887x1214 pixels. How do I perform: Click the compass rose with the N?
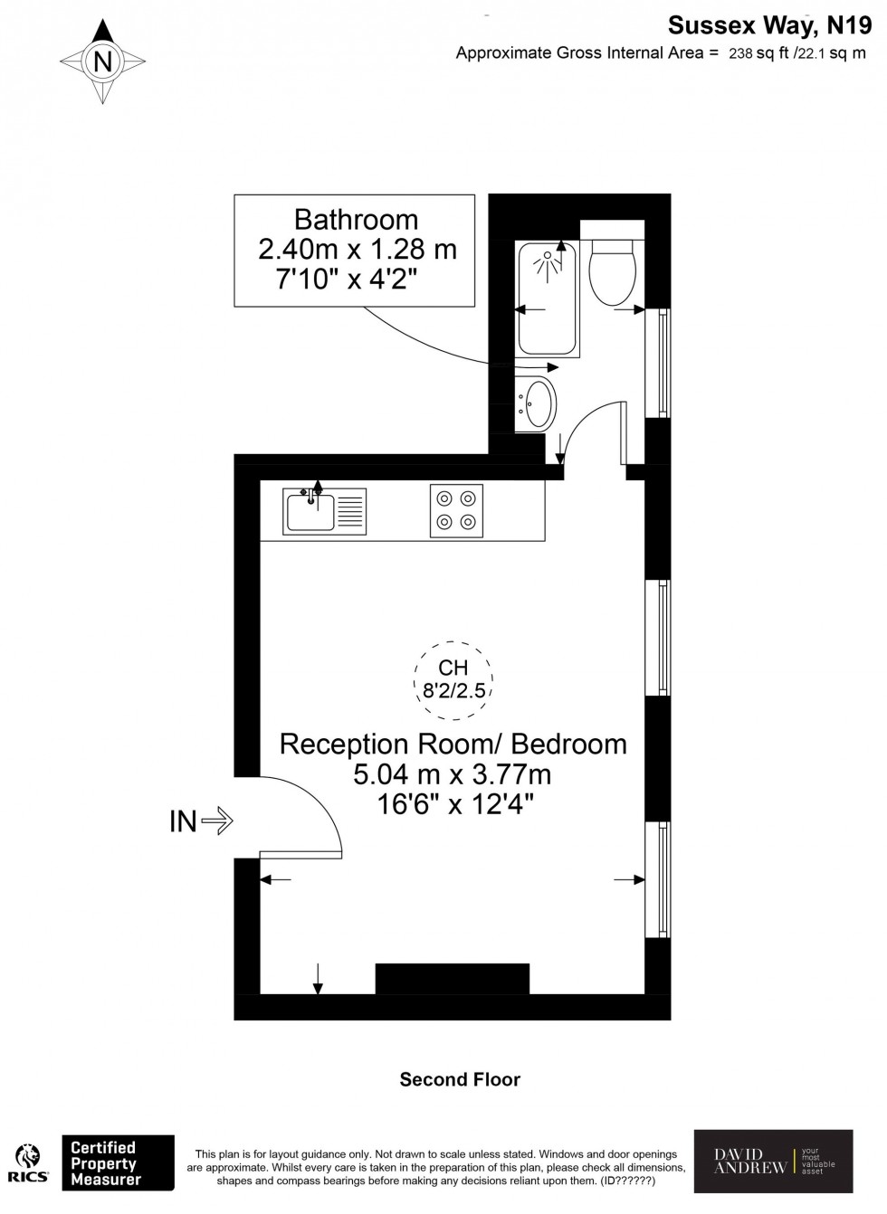pyautogui.click(x=103, y=62)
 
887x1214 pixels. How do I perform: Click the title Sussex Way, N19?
pyautogui.click(x=769, y=24)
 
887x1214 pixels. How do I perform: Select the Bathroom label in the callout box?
pyautogui.click(x=356, y=220)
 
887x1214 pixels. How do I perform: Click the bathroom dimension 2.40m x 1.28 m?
pyautogui.click(x=357, y=249)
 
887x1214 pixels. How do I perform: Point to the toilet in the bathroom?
pyautogui.click(x=612, y=268)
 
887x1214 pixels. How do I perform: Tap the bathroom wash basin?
pyautogui.click(x=538, y=403)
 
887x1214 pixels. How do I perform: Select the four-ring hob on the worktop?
pyautogui.click(x=456, y=510)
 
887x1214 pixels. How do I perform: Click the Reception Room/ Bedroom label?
pyautogui.click(x=453, y=744)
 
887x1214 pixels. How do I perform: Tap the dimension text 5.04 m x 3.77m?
pyautogui.click(x=453, y=774)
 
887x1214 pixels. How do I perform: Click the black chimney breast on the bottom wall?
pyautogui.click(x=452, y=979)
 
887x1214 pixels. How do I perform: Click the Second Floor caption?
pyautogui.click(x=460, y=1079)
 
